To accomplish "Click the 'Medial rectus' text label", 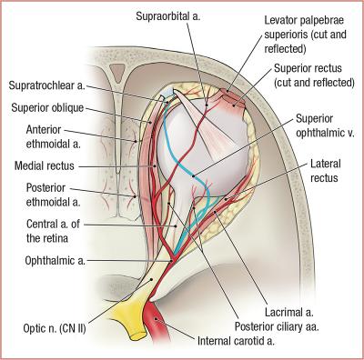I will point(46,166).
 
